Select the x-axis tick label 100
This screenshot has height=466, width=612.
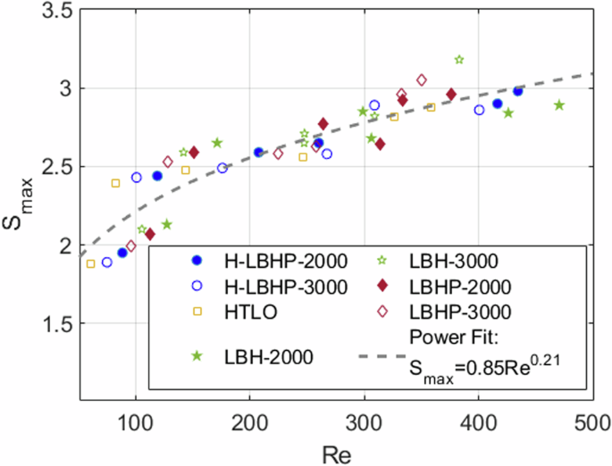tap(135, 419)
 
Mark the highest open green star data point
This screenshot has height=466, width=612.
tap(459, 60)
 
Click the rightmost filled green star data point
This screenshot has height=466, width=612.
tap(559, 105)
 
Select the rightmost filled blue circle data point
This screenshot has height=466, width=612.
tap(518, 91)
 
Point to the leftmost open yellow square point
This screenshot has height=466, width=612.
tap(90, 263)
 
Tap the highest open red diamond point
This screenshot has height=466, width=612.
tap(422, 80)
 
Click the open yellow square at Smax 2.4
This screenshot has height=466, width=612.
tap(115, 183)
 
